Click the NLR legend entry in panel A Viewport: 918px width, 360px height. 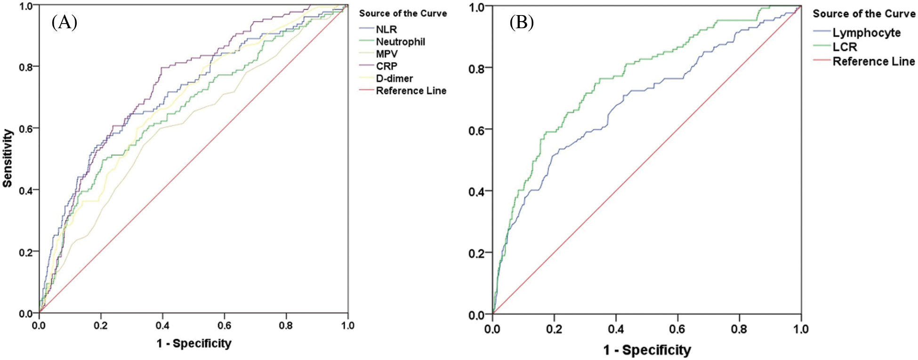(x=386, y=29)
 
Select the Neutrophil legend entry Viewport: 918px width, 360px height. (x=400, y=42)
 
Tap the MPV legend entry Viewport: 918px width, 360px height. (x=387, y=54)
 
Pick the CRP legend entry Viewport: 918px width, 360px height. (x=387, y=66)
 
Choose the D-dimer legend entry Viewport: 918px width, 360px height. (x=394, y=79)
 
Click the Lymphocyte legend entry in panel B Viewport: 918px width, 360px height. (x=866, y=33)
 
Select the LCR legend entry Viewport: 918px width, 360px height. (x=845, y=47)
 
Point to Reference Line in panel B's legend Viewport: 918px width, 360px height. (x=873, y=62)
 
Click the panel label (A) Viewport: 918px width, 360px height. (x=64, y=22)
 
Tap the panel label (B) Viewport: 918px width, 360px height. (x=521, y=23)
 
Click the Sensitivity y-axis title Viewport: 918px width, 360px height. (x=8, y=159)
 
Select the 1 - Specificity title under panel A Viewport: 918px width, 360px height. (x=194, y=344)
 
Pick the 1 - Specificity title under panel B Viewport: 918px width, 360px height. (x=647, y=350)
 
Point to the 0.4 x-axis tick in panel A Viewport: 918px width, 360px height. (x=162, y=326)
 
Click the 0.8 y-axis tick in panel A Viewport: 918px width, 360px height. (x=28, y=67)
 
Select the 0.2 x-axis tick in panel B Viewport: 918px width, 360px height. (x=554, y=329)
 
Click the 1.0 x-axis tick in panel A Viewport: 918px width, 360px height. (x=347, y=326)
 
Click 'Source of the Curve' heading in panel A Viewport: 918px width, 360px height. (x=403, y=14)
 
